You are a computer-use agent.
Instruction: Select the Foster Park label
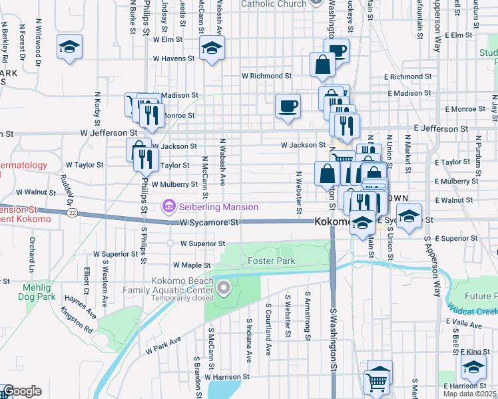click(271, 261)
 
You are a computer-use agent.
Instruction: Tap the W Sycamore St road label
click(208, 222)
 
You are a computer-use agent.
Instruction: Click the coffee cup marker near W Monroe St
click(288, 106)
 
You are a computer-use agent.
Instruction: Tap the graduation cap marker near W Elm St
click(69, 47)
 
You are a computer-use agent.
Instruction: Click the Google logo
click(21, 391)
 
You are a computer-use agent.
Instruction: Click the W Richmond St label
click(266, 76)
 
